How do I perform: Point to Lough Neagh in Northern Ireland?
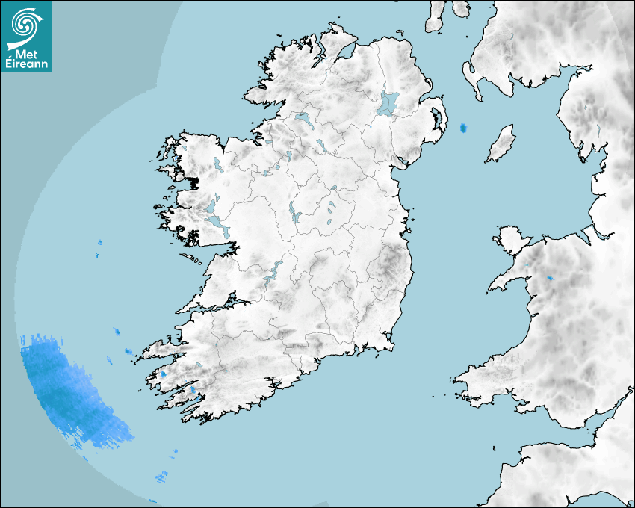click(x=388, y=102)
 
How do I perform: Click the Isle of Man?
click(x=501, y=143)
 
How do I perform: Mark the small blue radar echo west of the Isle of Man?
click(x=462, y=128)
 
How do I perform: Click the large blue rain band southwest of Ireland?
click(x=71, y=392)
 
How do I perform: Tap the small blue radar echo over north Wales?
click(x=551, y=278)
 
